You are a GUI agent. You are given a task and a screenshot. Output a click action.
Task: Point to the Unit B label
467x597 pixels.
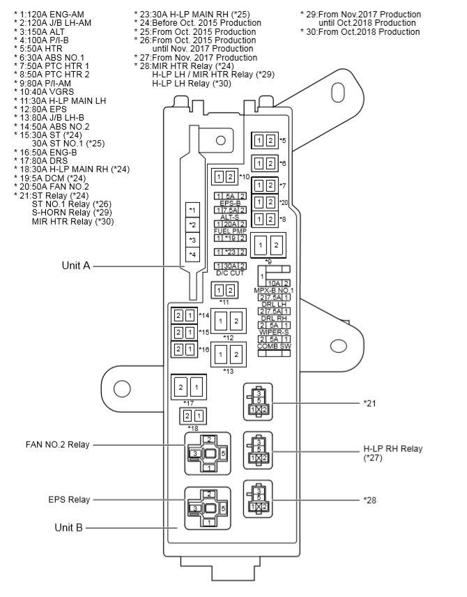coord(68,528)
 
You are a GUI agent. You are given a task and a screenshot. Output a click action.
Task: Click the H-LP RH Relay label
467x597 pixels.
coord(393,448)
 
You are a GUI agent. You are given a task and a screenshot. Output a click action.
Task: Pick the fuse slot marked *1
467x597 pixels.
coord(192,209)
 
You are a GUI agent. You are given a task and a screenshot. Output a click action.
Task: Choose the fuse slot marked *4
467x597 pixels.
coord(192,254)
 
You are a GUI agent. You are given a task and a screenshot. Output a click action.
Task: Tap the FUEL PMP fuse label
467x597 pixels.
coord(230,231)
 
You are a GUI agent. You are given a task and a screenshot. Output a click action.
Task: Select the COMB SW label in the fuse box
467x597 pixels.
coord(274,346)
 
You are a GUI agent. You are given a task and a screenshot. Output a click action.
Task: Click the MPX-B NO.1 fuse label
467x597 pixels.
coord(275,290)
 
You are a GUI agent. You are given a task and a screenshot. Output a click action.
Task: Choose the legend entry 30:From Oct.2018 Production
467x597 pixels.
coord(360,32)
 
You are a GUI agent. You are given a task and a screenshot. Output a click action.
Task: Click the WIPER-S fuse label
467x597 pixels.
coord(274,332)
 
